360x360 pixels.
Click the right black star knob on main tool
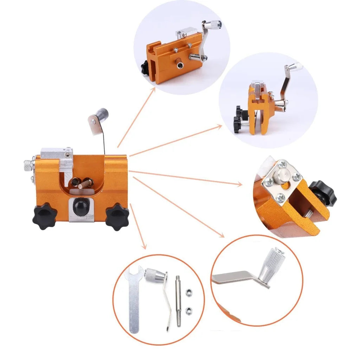tap(117, 217)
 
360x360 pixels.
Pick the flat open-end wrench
tap(134, 299)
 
